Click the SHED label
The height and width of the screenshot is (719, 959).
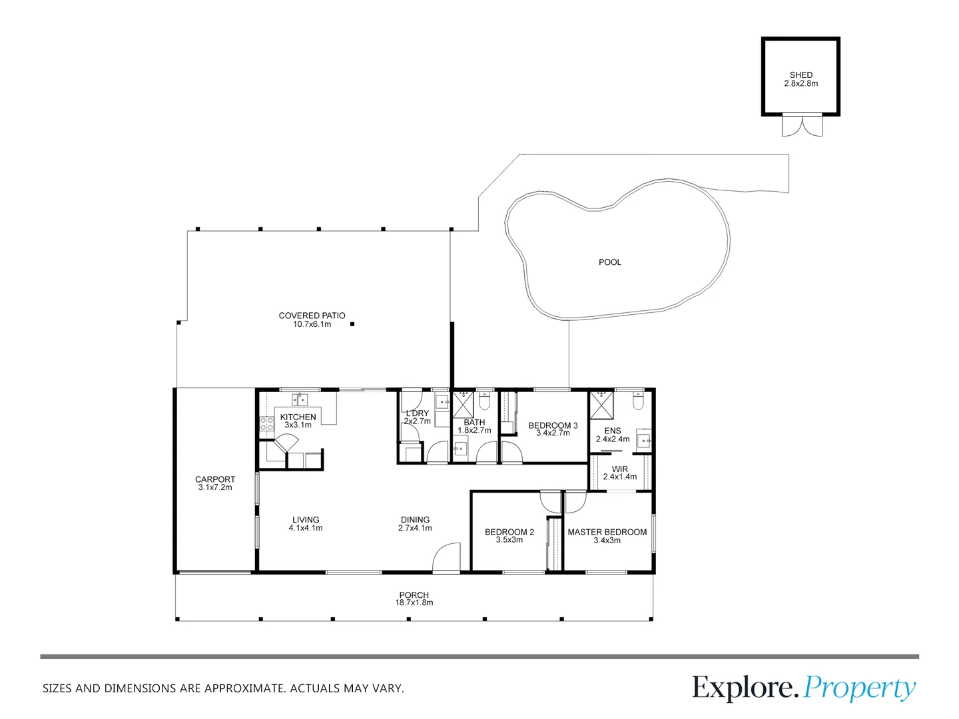[x=800, y=75]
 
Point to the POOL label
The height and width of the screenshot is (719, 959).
[x=609, y=262]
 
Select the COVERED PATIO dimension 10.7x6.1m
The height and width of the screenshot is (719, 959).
[x=312, y=324]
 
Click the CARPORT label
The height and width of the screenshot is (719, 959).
[x=214, y=479]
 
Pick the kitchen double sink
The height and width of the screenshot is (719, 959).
[x=300, y=399]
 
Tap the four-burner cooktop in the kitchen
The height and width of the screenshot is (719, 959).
[x=266, y=425]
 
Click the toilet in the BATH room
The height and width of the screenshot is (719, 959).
[x=484, y=401]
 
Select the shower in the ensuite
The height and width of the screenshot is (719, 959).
[x=601, y=403]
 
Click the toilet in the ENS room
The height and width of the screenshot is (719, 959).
[x=637, y=401]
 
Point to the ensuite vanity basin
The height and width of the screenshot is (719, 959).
[x=643, y=439]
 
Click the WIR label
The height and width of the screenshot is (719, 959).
[x=619, y=469]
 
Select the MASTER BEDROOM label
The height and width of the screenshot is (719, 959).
[x=607, y=532]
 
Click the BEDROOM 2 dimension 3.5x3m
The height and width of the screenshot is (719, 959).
[x=509, y=540]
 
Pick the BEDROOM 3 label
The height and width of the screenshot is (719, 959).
[x=553, y=425]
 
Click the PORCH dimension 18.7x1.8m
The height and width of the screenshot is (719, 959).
[x=414, y=602]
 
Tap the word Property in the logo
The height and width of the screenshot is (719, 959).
[x=859, y=688]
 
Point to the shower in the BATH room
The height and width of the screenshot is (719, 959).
[x=462, y=403]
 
